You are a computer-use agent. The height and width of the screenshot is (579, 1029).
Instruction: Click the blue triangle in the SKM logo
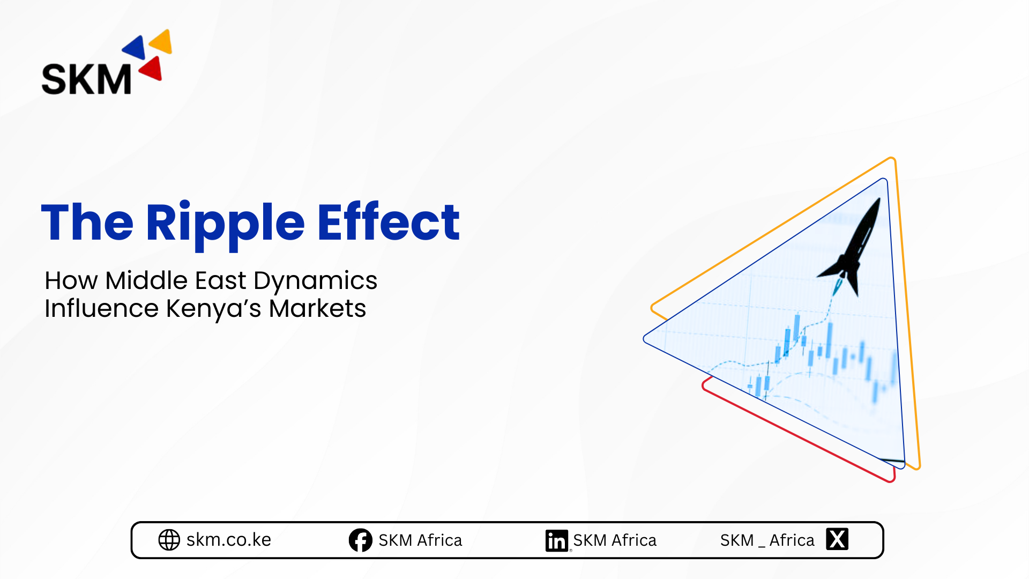[x=136, y=48]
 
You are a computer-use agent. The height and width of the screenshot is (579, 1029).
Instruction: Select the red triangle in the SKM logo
[x=152, y=69]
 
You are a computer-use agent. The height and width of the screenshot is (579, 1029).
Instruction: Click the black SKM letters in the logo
[x=86, y=79]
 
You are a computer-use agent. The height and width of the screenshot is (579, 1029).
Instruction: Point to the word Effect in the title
[x=389, y=221]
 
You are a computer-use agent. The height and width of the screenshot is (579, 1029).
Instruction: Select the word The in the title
[x=87, y=222]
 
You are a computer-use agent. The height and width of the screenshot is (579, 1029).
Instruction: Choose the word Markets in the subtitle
[x=317, y=308]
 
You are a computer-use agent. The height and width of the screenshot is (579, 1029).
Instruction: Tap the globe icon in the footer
[x=169, y=540]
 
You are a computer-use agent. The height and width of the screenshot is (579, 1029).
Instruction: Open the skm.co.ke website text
[x=229, y=540]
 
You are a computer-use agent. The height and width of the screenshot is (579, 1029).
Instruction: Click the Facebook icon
[x=361, y=540]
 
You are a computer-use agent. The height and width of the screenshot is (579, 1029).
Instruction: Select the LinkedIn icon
[x=557, y=540]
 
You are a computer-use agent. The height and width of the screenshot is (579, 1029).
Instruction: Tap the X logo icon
[x=837, y=539]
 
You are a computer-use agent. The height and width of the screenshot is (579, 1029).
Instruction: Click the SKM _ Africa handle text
[x=767, y=540]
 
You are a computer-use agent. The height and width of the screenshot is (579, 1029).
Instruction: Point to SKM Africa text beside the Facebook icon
[x=420, y=540]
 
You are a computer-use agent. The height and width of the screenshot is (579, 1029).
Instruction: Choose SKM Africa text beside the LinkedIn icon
[x=615, y=540]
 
